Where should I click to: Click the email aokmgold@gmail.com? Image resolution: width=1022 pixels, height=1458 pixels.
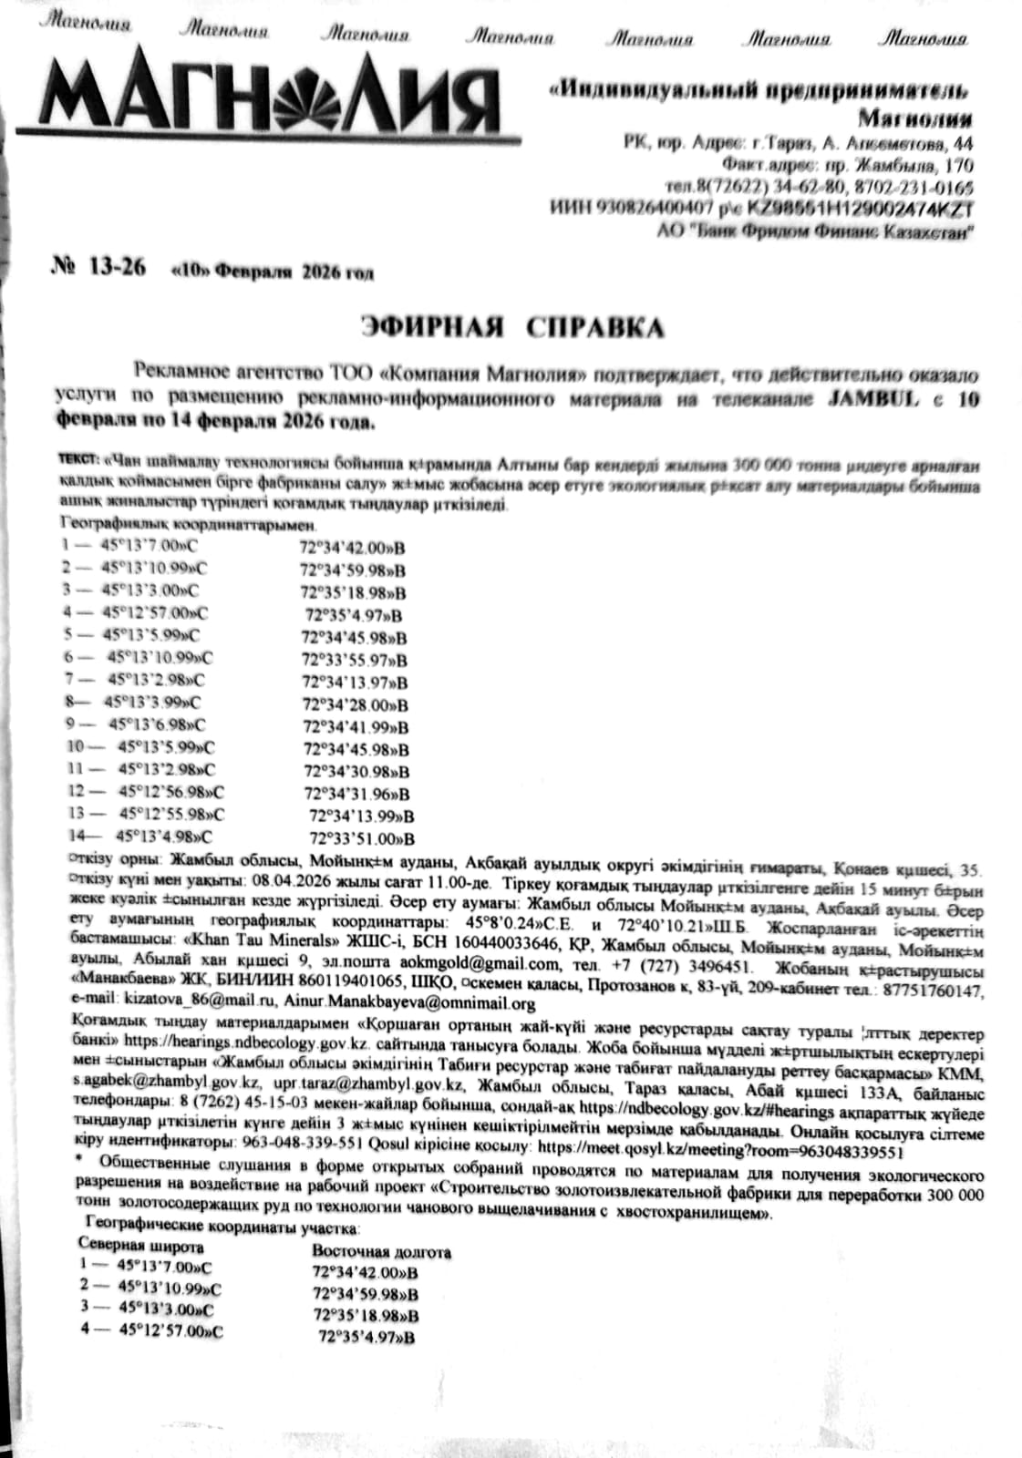coord(475,964)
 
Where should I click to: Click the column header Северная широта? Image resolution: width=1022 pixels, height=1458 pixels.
coord(141,1246)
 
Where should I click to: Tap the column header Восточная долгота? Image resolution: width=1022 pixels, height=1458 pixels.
coord(381,1252)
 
